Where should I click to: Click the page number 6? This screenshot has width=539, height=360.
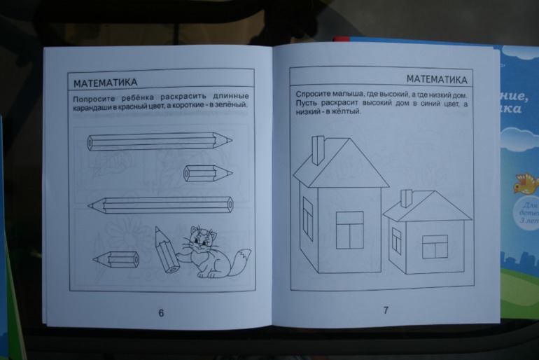click(161, 313)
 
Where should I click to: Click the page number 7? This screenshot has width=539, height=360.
click(386, 310)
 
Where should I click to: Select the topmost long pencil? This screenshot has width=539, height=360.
click(160, 141)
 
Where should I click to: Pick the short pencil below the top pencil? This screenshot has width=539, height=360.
click(208, 173)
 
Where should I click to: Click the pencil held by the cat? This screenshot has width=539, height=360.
click(164, 250)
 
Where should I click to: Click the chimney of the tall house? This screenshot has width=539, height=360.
click(318, 148)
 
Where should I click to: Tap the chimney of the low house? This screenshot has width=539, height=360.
click(405, 198)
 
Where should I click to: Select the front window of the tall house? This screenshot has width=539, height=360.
click(349, 230)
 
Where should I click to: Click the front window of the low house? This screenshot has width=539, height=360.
click(434, 246)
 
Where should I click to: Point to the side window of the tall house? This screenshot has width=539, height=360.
click(307, 219)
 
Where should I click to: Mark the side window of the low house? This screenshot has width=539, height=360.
click(396, 241)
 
